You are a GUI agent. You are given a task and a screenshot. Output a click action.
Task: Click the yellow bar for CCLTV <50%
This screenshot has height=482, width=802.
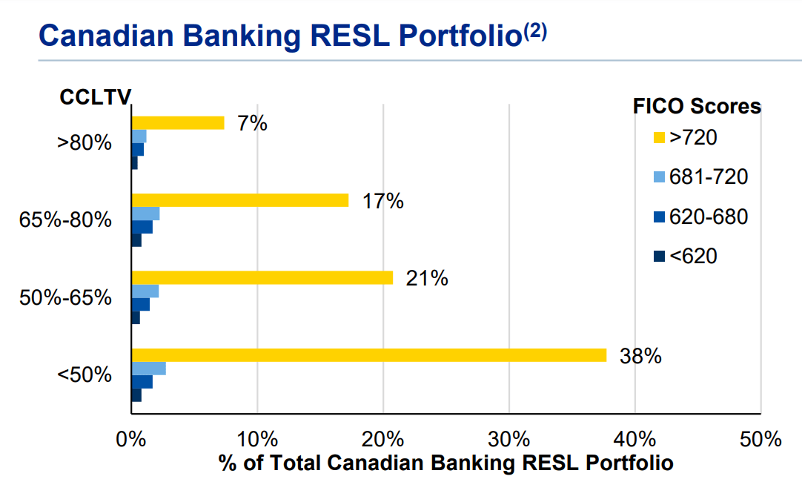pyautogui.click(x=368, y=355)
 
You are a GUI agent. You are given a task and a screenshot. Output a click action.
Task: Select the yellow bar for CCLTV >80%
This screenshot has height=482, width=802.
pyautogui.click(x=178, y=123)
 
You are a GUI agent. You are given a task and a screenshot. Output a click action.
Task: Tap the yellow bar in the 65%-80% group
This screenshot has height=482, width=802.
pyautogui.click(x=239, y=200)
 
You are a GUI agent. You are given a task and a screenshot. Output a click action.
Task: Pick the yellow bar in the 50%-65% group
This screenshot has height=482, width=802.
pyautogui.click(x=262, y=277)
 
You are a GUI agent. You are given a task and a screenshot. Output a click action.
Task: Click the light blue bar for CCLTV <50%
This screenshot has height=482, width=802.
pyautogui.click(x=148, y=369)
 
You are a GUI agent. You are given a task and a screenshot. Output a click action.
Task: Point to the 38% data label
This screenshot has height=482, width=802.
pyautogui.click(x=640, y=356)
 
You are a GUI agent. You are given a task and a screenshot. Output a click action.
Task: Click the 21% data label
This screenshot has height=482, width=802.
pyautogui.click(x=427, y=278)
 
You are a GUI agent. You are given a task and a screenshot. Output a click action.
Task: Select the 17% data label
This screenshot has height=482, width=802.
pyautogui.click(x=382, y=201)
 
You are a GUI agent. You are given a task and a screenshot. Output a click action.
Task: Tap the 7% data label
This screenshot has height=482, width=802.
pyautogui.click(x=252, y=123)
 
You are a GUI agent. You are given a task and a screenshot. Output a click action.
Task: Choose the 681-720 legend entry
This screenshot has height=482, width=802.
pyautogui.click(x=700, y=177)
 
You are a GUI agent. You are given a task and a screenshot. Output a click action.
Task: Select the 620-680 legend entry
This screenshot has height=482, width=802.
pyautogui.click(x=700, y=217)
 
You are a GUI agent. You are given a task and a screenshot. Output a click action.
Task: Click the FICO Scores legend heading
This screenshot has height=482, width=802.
pyautogui.click(x=697, y=106)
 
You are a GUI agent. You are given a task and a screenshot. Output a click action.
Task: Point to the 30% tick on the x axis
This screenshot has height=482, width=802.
pyautogui.click(x=509, y=439)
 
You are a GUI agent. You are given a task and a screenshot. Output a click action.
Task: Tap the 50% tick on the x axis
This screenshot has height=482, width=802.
pyautogui.click(x=761, y=439)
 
